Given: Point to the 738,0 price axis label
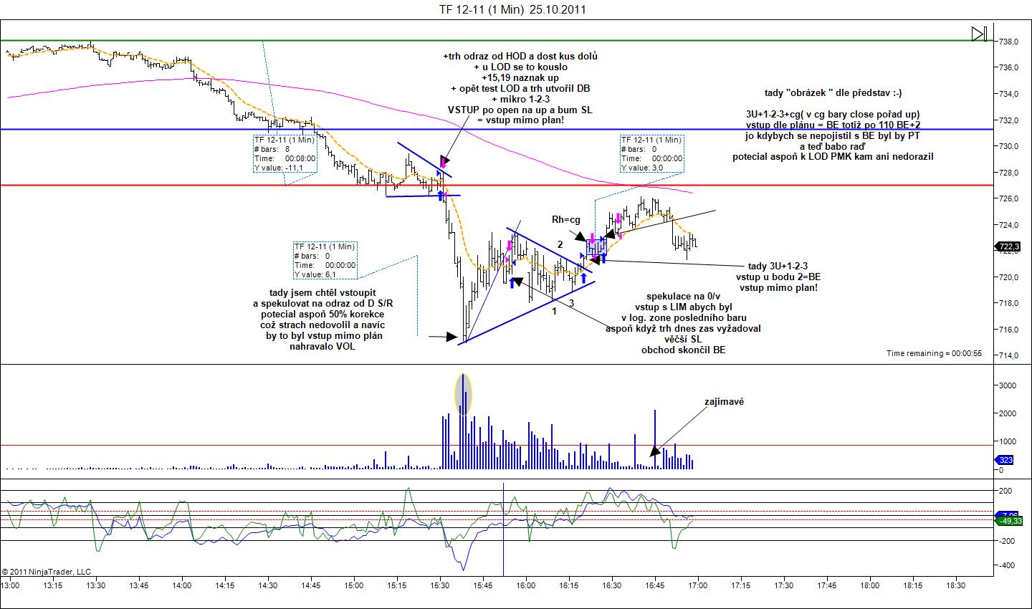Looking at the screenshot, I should pos(1009,42).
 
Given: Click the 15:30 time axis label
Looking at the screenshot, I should pos(440,585).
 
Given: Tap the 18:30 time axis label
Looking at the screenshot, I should pos(955,585).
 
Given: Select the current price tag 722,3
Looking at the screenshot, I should pos(1008,247).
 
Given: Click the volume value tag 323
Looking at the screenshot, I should pos(1007,461).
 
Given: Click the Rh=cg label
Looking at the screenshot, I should pos(565,219).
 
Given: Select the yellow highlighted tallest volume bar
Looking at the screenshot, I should pos(464,394).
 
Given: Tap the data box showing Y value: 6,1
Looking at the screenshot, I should pos(325,260).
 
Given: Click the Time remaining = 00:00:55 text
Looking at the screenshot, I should pos(934,353).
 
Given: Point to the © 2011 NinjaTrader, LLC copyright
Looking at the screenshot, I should pos(47,572).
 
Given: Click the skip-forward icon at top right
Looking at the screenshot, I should pos(980,34).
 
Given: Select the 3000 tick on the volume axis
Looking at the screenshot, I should pos(1007,385).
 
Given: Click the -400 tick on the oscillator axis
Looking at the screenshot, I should pos(1007,566).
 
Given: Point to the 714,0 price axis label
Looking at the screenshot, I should pos(1009,355).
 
